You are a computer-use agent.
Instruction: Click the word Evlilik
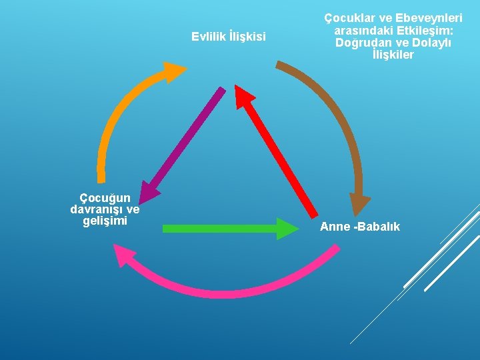click(208, 36)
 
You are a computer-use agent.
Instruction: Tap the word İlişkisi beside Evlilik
click(247, 36)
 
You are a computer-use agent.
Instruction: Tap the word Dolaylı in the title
click(431, 43)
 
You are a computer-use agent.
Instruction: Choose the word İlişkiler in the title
click(393, 55)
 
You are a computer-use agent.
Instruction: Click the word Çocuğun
click(105, 197)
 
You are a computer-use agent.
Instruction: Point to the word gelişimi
click(105, 221)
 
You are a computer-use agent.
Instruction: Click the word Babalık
click(378, 227)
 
